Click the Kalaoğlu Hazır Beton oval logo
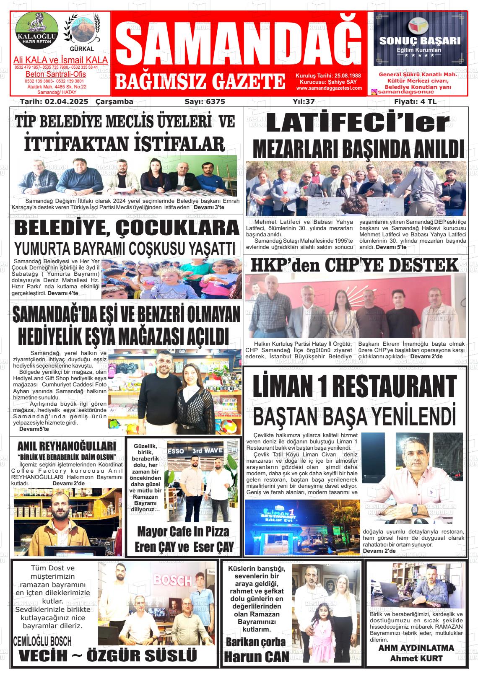[35, 29]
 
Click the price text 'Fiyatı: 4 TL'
[415, 101]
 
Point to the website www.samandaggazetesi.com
[329, 88]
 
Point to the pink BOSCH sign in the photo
[172, 580]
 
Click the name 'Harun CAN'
[256, 656]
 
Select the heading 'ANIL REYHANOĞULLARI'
[67, 445]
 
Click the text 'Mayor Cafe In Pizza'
[183, 532]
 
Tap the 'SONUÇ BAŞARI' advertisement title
[420, 41]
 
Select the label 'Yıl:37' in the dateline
[304, 101]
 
